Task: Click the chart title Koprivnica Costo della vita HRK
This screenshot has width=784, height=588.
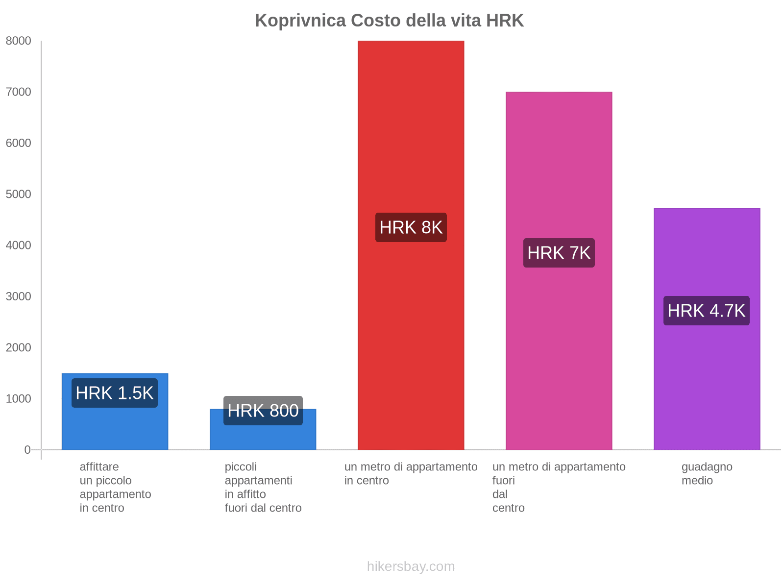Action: [x=389, y=21]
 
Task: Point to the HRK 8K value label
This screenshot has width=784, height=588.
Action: [x=411, y=227]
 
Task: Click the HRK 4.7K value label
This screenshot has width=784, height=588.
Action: [x=706, y=311]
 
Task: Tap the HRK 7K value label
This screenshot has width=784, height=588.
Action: [x=559, y=253]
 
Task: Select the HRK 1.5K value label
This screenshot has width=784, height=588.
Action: [x=115, y=393]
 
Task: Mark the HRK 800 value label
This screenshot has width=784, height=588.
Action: [x=263, y=411]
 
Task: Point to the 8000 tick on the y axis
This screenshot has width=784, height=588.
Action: [x=19, y=41]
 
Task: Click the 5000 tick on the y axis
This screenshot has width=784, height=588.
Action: [x=19, y=195]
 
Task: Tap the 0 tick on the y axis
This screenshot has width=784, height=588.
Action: [x=27, y=450]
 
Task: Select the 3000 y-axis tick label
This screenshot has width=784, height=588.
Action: [x=19, y=296]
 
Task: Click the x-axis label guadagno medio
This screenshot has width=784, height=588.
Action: [x=707, y=473]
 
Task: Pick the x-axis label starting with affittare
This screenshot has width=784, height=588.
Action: [x=115, y=487]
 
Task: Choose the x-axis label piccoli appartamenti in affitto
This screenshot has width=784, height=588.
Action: [x=263, y=487]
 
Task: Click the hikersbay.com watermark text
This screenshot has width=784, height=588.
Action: [x=411, y=566]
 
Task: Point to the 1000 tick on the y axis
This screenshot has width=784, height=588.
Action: [x=19, y=399]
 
